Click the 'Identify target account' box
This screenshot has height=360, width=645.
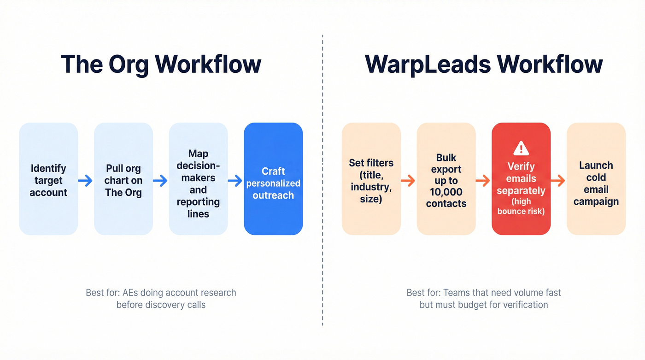[48, 179]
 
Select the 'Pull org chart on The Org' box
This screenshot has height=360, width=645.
[123, 179]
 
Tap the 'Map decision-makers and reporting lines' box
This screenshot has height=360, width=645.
[198, 179]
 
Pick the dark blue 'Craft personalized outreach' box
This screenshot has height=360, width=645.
[273, 179]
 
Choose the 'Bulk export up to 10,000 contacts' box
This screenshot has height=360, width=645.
[446, 179]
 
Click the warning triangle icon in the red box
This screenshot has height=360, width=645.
[521, 148]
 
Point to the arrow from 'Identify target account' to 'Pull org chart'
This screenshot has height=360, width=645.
[86, 181]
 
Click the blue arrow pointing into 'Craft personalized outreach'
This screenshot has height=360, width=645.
[235, 181]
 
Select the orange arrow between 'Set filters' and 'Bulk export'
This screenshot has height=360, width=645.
[408, 181]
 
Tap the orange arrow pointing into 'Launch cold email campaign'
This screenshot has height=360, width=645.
[558, 181]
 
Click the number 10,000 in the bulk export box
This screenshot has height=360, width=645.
[446, 192]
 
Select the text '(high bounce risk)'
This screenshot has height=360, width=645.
[521, 206]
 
